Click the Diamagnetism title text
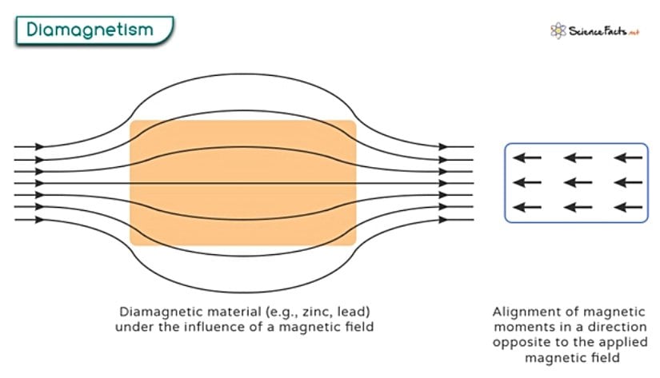pos(90,30)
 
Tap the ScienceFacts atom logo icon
pos(558,30)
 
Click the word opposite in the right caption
pos(522,343)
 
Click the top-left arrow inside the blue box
pos(527,157)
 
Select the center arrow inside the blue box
pos(578,182)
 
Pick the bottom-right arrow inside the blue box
pos(628,207)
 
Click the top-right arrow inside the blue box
pos(628,157)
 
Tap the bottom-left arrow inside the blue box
pos(527,207)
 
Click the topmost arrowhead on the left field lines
pos(39,147)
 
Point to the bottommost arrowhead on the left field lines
pos(39,220)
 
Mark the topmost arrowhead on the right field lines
pos(443,147)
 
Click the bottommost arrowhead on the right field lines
pos(443,220)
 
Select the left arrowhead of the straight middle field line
pos(39,183)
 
